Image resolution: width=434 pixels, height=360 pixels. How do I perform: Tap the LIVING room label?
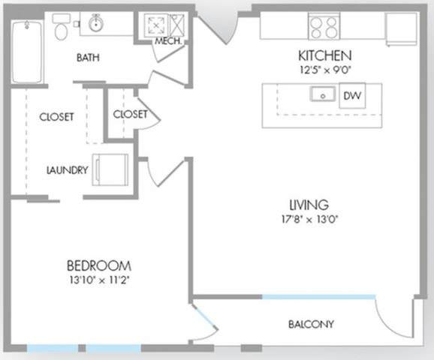point(308,204)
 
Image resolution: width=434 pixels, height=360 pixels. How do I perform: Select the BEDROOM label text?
point(99,265)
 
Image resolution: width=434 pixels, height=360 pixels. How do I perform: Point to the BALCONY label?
point(311,325)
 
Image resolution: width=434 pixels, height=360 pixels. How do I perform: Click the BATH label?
point(89,58)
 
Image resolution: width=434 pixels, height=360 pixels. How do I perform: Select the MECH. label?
point(167,41)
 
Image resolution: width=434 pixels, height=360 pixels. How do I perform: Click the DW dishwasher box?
point(351,96)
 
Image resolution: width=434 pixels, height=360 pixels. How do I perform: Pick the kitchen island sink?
point(323,95)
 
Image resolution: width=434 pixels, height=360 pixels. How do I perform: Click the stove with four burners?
point(324,27)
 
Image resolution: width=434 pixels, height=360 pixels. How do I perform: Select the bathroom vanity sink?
point(95,25)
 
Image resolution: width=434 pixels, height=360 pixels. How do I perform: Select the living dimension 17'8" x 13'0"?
point(308,219)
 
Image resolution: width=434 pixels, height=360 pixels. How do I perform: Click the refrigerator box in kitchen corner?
point(401,26)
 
